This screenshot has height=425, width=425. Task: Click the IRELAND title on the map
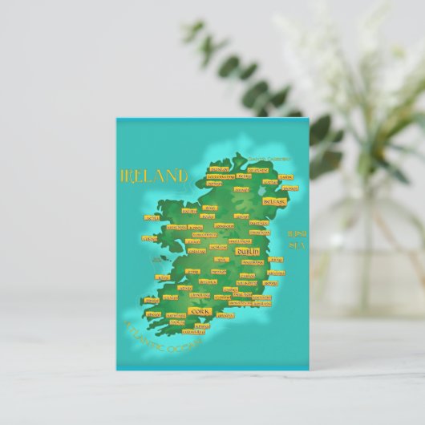tap(153, 175)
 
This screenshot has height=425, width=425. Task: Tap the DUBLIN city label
tap(245, 251)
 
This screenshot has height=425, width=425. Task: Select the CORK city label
tap(199, 310)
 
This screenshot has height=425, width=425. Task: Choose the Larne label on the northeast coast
tap(285, 177)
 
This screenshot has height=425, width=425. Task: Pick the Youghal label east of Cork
tap(226, 314)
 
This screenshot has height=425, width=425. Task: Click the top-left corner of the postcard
tap(116, 119)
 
